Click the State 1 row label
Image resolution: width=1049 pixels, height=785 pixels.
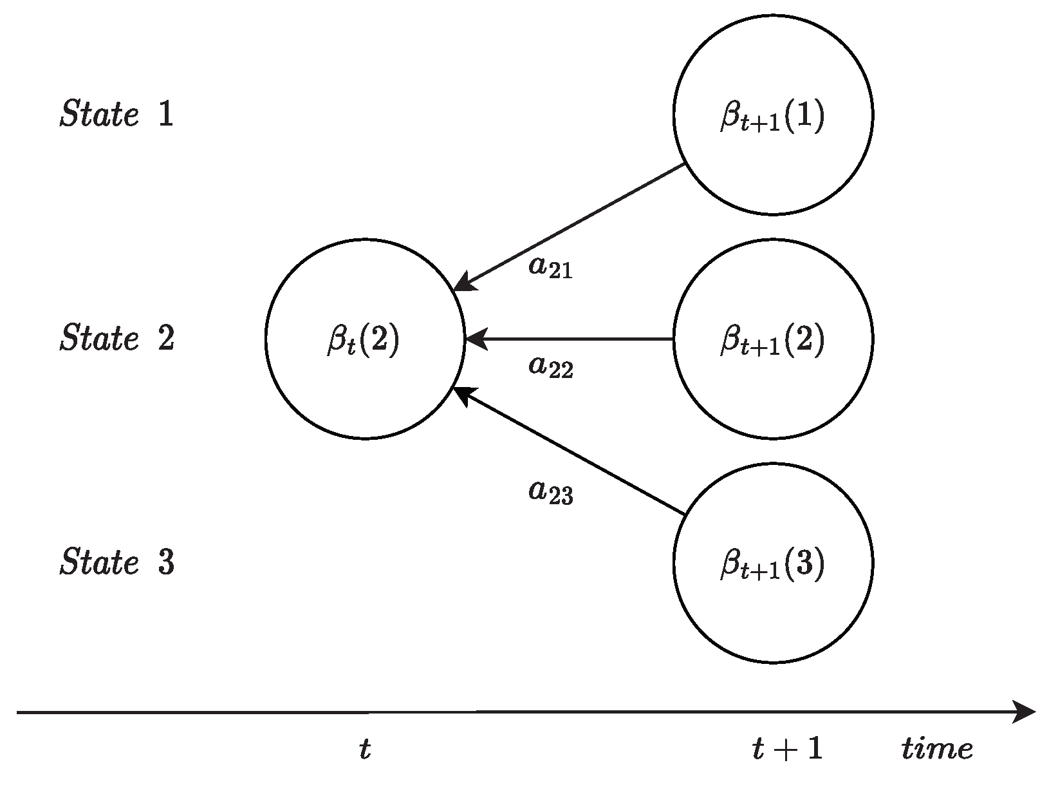[x=116, y=115]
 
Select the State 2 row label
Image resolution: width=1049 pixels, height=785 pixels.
[x=116, y=338]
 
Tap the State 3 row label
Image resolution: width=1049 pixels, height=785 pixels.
[x=116, y=562]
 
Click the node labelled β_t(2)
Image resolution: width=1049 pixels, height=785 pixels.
[x=365, y=339]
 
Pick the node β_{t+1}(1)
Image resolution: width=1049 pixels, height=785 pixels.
[x=773, y=115]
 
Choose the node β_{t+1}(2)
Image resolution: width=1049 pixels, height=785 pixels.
[x=773, y=339]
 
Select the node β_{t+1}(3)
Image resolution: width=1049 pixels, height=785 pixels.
[x=773, y=563]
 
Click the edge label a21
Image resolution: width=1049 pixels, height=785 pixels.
[x=550, y=267]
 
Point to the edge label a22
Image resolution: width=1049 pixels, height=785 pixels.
[x=550, y=367]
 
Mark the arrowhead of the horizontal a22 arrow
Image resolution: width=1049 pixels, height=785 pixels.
[x=475, y=339]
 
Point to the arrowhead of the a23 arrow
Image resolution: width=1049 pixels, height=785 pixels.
[x=463, y=393]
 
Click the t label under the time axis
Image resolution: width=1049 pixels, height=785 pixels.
[x=365, y=749]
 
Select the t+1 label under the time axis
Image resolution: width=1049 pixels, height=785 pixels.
[x=787, y=749]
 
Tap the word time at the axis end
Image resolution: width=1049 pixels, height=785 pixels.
[x=936, y=749]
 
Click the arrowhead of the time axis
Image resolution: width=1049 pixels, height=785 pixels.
[x=1026, y=712]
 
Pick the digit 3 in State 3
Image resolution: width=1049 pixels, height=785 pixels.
[x=166, y=562]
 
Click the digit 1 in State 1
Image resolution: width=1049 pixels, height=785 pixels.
[x=166, y=115]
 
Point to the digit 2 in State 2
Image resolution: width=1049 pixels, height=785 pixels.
[x=166, y=338]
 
